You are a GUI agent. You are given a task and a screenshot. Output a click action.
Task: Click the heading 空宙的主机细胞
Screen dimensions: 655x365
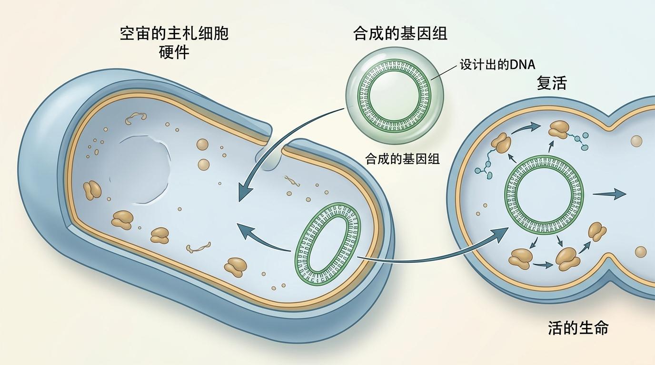174,34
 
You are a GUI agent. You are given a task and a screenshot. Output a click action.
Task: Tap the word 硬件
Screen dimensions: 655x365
174,52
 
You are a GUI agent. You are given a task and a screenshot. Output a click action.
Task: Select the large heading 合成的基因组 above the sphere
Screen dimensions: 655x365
400,33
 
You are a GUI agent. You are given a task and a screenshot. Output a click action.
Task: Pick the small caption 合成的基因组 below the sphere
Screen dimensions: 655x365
402,159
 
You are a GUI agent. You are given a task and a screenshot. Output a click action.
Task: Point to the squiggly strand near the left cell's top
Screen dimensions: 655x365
136,118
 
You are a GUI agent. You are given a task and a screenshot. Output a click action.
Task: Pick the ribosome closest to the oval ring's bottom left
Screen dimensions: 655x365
236,267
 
